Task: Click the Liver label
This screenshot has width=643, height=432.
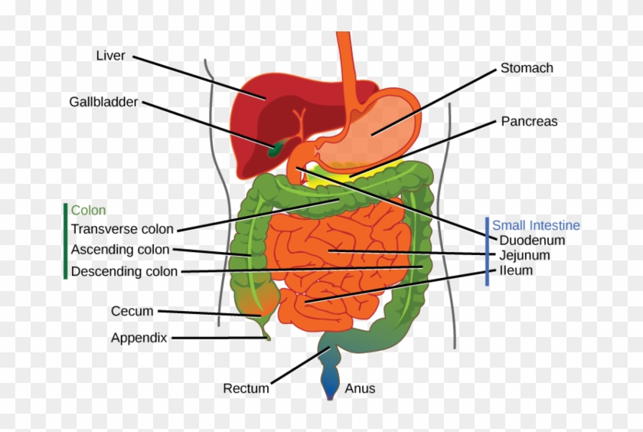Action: click(x=110, y=56)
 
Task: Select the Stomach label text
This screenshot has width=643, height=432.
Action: click(x=527, y=68)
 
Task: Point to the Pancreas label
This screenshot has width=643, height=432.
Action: click(x=529, y=121)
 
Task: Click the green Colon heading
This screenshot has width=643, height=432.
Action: click(x=88, y=210)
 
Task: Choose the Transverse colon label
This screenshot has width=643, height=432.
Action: click(x=122, y=229)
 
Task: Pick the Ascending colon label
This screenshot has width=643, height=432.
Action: click(x=120, y=250)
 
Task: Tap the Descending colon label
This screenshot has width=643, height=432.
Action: click(x=124, y=271)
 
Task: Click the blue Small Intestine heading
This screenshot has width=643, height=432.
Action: click(x=536, y=225)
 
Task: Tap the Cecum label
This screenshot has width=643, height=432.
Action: click(x=132, y=311)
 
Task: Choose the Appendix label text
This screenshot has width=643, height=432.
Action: click(x=139, y=337)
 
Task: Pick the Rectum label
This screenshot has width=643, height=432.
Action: click(x=246, y=388)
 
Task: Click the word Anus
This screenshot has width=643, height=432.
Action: click(x=360, y=388)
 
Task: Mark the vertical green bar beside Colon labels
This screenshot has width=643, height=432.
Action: click(x=65, y=241)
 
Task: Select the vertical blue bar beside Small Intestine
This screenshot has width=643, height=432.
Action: click(x=486, y=251)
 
